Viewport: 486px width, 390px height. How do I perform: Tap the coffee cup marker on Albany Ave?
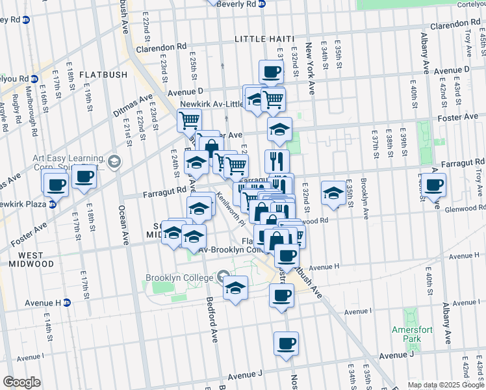[x=433, y=185]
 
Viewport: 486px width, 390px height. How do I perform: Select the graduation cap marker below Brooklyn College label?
[x=235, y=288]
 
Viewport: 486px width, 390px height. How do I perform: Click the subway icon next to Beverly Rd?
[x=262, y=4]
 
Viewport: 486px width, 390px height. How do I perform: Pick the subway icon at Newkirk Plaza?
[x=53, y=203]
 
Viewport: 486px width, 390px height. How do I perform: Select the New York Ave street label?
[x=311, y=70]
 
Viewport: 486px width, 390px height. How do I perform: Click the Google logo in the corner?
[x=21, y=382]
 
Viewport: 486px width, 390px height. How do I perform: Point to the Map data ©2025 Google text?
[x=445, y=385]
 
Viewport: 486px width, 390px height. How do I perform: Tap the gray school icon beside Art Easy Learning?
[x=114, y=161]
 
